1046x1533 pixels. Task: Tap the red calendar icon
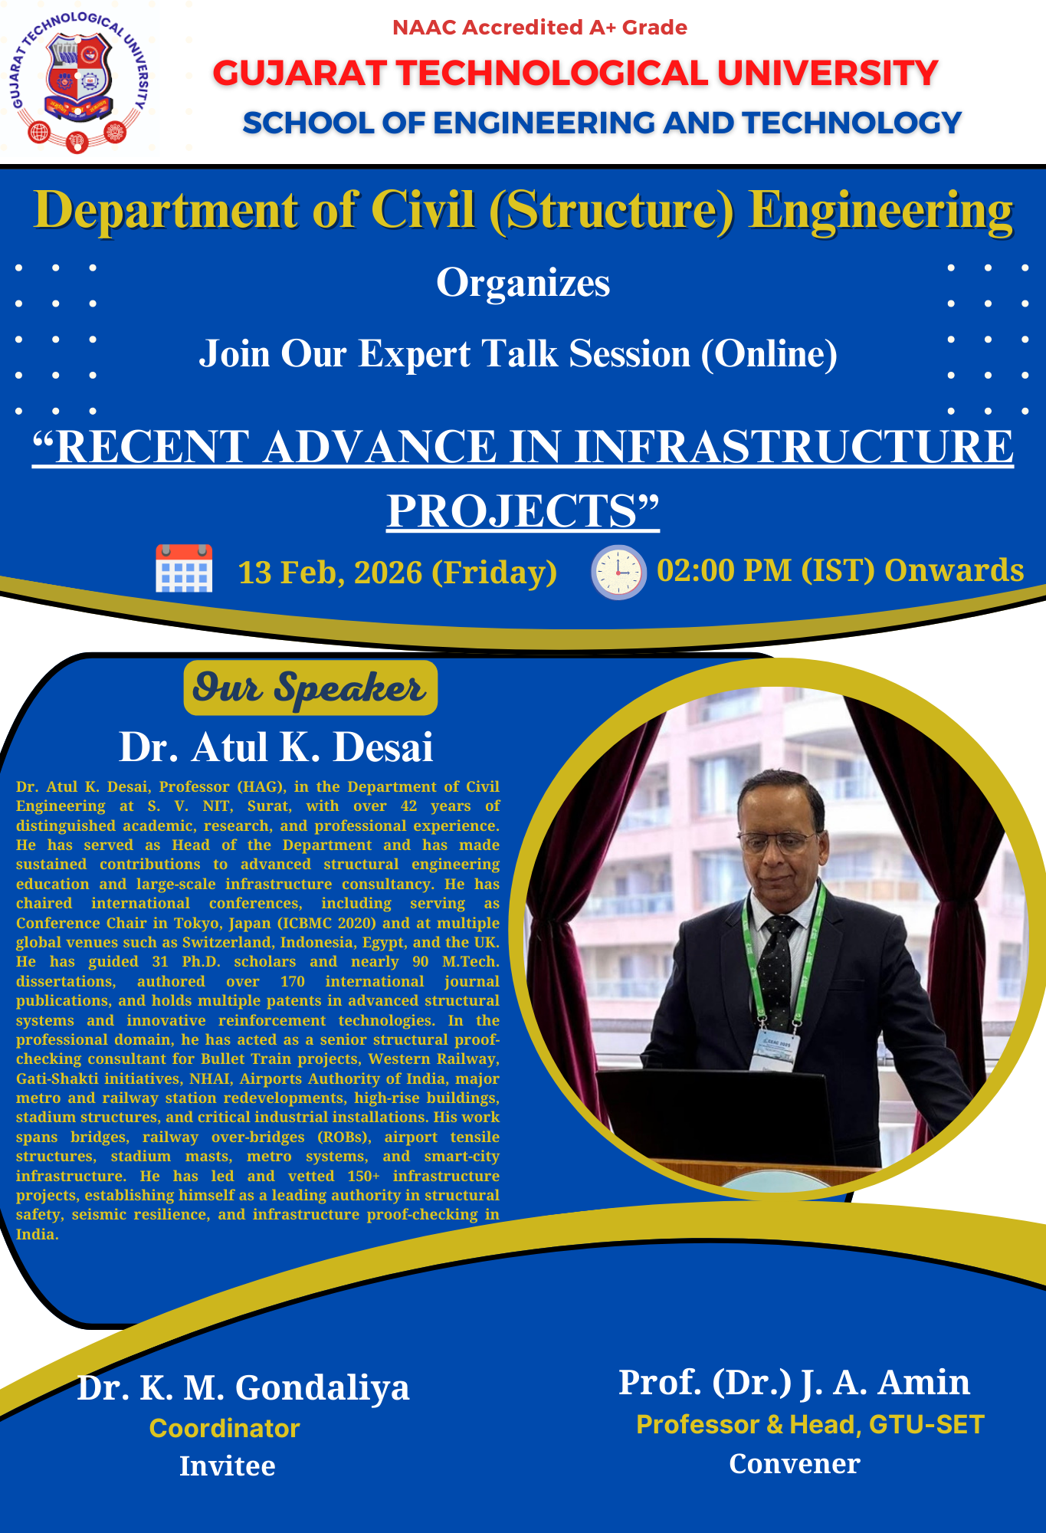point(184,569)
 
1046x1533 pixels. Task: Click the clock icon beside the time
point(618,572)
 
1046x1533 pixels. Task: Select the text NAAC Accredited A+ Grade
point(539,28)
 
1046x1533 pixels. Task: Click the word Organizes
point(523,283)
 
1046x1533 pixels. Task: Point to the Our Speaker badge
point(310,688)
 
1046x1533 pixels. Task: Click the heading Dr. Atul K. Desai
point(276,747)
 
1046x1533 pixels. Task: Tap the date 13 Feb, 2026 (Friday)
point(398,573)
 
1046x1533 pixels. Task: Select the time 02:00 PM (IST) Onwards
point(841,571)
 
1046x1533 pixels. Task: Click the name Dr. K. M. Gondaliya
point(244,1387)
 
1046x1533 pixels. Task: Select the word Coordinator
point(225,1428)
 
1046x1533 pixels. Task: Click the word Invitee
point(228,1466)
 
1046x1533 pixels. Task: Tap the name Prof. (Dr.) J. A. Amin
point(795,1382)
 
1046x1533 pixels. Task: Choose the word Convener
point(795,1463)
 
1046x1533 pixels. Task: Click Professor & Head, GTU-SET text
point(810,1424)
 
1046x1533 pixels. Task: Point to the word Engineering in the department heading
point(881,211)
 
